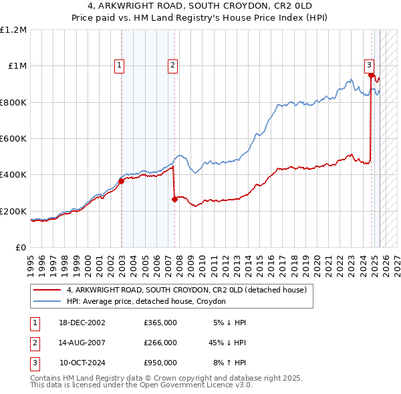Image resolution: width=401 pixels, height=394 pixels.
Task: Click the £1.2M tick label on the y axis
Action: [13, 30]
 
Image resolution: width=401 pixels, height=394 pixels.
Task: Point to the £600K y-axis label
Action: [13, 139]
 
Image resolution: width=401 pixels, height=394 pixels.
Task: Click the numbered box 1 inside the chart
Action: [118, 65]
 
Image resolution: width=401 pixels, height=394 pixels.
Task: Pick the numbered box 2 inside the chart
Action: [172, 65]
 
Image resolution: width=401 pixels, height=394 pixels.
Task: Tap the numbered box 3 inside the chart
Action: [369, 65]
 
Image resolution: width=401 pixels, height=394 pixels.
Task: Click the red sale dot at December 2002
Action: [122, 181]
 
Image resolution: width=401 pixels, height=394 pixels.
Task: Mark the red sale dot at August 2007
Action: [174, 199]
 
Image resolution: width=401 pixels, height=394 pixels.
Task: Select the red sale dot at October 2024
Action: [371, 75]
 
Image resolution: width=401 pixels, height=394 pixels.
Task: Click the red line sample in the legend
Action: [47, 290]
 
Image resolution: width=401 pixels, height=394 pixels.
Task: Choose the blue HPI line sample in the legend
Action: [47, 301]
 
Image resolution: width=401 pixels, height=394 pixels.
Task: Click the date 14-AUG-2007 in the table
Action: [82, 343]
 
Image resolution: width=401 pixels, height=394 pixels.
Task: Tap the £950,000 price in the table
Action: [160, 363]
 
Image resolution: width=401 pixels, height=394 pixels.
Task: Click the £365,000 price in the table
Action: [160, 323]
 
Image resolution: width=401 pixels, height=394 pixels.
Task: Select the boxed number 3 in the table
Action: [34, 363]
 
